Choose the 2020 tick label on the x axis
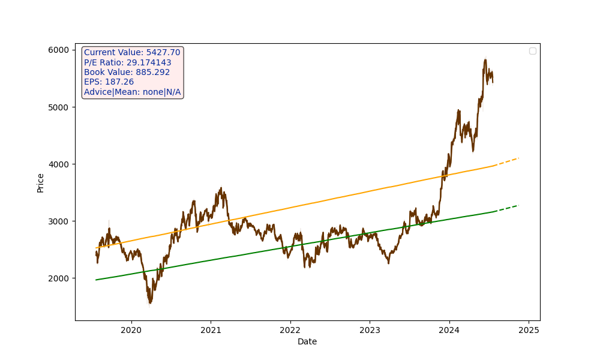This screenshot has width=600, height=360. [x=131, y=330]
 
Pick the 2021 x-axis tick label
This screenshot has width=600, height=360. [x=211, y=330]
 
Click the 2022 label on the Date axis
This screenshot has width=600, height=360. [x=290, y=330]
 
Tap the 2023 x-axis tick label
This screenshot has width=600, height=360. [x=370, y=330]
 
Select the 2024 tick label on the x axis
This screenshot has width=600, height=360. [x=449, y=330]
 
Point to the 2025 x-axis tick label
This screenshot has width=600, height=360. [x=529, y=330]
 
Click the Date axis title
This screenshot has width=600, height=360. [x=307, y=342]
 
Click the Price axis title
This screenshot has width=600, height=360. [x=41, y=182]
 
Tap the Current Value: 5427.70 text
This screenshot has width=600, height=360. [x=132, y=53]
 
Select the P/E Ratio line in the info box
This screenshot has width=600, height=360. [x=128, y=62]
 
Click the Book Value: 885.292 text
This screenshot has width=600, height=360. [x=127, y=72]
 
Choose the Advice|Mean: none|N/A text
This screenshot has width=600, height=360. [x=132, y=92]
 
